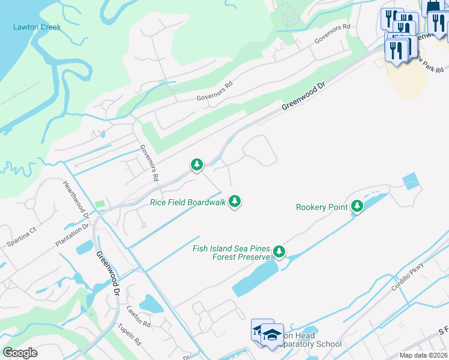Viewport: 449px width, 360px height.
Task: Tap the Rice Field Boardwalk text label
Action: click(188, 202)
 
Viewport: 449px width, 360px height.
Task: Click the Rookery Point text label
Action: click(322, 207)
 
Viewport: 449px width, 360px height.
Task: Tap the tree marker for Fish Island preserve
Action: click(279, 251)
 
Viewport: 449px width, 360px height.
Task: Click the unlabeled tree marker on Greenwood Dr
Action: click(196, 164)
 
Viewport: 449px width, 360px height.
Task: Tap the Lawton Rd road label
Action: click(138, 316)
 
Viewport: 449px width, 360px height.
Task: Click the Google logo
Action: click(20, 352)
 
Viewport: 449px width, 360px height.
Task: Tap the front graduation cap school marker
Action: click(272, 335)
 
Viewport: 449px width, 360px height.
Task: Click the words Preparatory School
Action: click(312, 344)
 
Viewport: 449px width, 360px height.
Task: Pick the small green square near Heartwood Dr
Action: click(100, 205)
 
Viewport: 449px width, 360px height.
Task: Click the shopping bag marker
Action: click(432, 6)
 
